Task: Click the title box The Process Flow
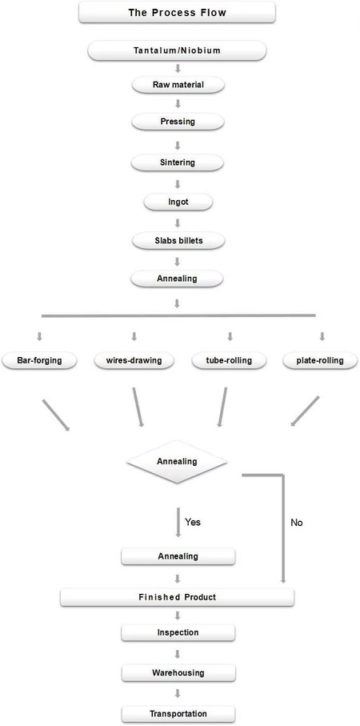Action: point(178,13)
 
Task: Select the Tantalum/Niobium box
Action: point(178,51)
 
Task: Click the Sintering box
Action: point(178,162)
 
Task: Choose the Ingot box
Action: point(178,201)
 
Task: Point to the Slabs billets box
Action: point(178,239)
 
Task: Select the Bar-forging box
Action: point(40,360)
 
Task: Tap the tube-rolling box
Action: point(224,360)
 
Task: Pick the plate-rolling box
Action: point(314,360)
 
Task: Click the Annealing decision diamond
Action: point(178,462)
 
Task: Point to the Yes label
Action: point(193,522)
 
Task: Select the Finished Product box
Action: point(178,597)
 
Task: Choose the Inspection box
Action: point(178,632)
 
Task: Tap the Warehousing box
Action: point(178,672)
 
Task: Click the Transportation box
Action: point(178,712)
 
